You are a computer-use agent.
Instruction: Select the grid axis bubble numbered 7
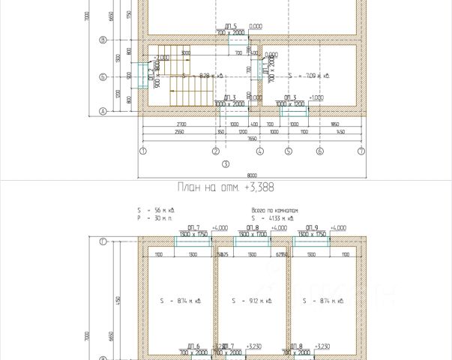[x=361, y=150]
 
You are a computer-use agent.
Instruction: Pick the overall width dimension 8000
[x=251, y=175]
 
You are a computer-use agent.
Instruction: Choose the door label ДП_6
[x=192, y=346]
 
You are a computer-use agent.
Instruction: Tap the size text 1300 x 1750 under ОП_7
[x=193, y=234]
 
